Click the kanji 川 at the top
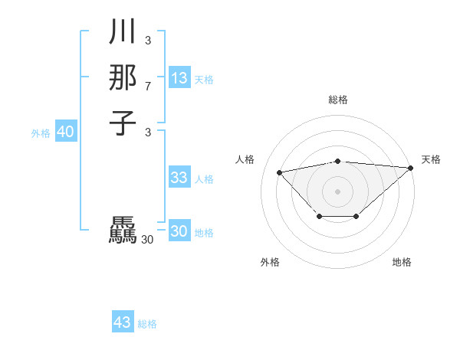click(x=123, y=33)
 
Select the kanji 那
click(x=123, y=77)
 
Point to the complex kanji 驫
click(x=123, y=231)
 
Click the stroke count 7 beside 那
click(x=148, y=87)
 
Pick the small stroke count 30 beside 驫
click(x=148, y=240)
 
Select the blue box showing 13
click(x=179, y=77)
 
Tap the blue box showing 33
click(x=179, y=178)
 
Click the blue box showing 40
click(x=65, y=132)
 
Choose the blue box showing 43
click(x=123, y=322)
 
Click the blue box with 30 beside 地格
click(x=179, y=231)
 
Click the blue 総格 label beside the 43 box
click(x=147, y=324)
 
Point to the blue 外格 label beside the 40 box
click(x=41, y=133)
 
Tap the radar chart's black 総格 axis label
click(x=338, y=100)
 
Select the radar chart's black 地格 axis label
click(x=402, y=263)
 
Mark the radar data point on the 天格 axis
click(x=410, y=168)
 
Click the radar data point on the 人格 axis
click(x=279, y=172)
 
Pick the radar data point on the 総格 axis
click(x=338, y=161)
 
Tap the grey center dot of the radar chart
click(x=338, y=191)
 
